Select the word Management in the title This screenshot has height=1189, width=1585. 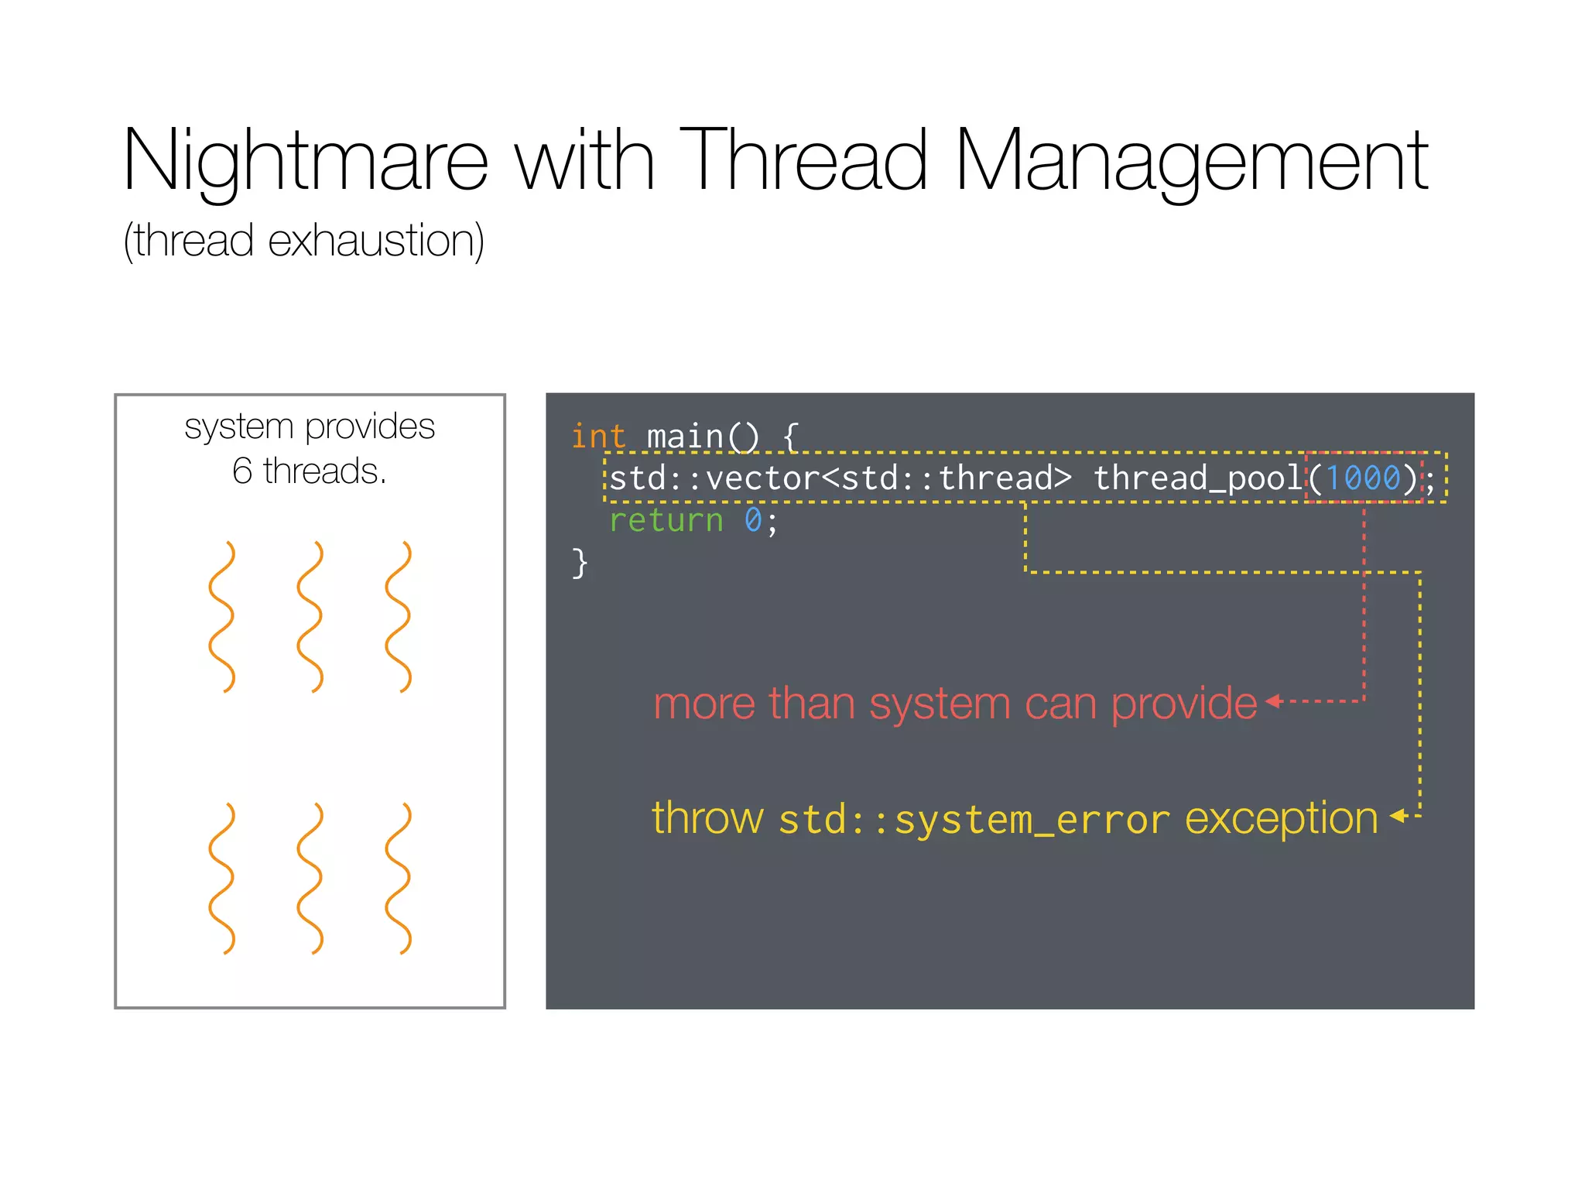coord(1192,160)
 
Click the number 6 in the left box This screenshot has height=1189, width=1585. coord(242,471)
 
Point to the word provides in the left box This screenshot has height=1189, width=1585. coord(369,427)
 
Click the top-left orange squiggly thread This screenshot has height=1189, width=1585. coord(221,616)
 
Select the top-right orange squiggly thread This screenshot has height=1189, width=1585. coord(399,616)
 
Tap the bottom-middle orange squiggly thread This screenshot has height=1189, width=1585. coord(310,878)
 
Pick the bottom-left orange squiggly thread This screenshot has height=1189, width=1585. coord(221,878)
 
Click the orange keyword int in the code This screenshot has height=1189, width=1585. coord(597,437)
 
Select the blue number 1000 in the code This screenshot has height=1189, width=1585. coord(1363,478)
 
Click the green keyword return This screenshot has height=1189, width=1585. coord(666,520)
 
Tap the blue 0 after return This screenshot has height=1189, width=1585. coord(752,520)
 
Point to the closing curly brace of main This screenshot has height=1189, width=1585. coord(580,563)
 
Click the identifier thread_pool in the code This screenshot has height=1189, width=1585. coord(1198,478)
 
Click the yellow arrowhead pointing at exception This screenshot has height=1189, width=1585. coord(1398,816)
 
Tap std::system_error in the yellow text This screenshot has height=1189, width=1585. coord(974,820)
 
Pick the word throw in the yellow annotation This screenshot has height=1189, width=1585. coord(707,818)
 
